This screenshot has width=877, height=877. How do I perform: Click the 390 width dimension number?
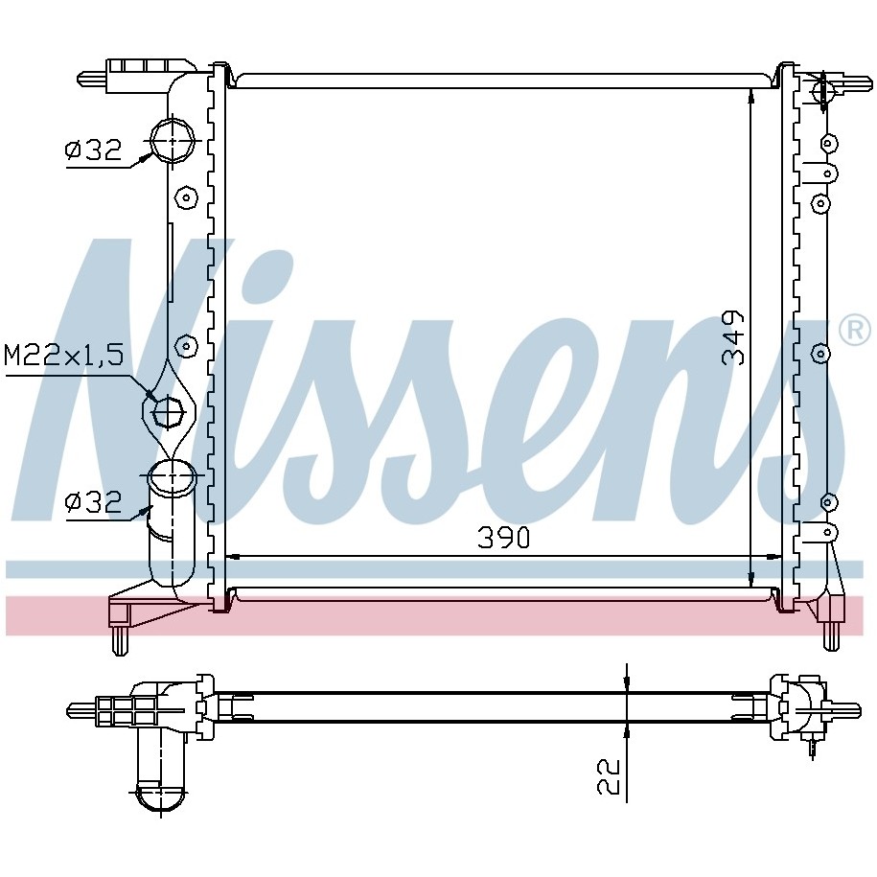coord(503,538)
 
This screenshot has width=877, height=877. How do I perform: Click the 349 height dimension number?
coord(733,338)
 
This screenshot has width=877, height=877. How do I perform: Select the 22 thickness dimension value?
coord(609,775)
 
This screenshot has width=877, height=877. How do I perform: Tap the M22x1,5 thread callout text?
coord(64,356)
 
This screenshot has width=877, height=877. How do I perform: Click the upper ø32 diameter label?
coord(93,150)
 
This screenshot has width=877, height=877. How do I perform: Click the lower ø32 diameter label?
coord(93,501)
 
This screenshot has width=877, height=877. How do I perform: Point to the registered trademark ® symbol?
coord(854,331)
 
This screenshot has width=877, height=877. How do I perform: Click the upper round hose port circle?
coord(173,140)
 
